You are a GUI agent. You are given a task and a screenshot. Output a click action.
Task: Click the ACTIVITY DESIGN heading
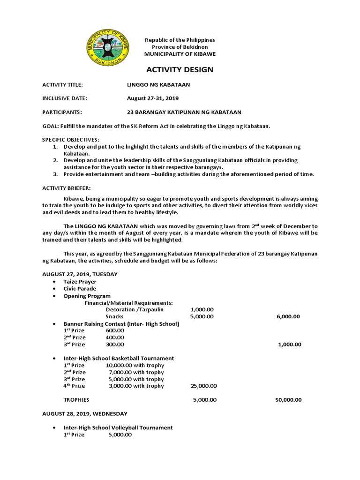[x=180, y=70]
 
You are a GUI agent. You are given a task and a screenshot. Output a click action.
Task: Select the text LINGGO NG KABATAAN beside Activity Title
[x=158, y=84]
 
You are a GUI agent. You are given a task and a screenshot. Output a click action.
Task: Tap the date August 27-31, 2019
[x=153, y=98]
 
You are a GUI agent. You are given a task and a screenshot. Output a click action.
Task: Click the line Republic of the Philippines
[x=180, y=40]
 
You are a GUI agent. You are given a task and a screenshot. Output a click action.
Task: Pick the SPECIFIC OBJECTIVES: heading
[x=71, y=140]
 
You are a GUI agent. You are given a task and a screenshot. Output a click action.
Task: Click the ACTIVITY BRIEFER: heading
[x=66, y=187]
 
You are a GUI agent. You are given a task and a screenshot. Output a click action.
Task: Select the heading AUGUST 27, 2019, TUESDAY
[x=80, y=274]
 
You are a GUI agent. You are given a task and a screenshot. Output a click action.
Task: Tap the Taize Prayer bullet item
[x=80, y=282]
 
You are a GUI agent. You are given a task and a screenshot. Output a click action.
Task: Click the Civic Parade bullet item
[x=80, y=289]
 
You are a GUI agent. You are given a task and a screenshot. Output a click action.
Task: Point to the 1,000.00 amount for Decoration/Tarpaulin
[x=202, y=310]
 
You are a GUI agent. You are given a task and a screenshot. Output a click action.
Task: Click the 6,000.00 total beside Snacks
[x=288, y=316]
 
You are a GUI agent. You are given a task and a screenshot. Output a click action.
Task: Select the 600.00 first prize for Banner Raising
[x=115, y=330]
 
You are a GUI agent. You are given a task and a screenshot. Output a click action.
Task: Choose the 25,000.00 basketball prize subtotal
[x=203, y=386]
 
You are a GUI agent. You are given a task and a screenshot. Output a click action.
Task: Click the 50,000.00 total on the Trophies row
[x=288, y=400]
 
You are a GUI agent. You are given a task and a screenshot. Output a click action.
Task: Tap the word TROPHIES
[x=76, y=400]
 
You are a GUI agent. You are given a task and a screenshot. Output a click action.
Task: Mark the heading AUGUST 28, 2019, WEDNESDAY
[x=84, y=414]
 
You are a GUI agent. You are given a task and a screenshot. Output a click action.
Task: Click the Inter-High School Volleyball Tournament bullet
[x=118, y=428]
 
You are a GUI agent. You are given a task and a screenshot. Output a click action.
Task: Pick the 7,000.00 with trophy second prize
[x=136, y=372]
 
